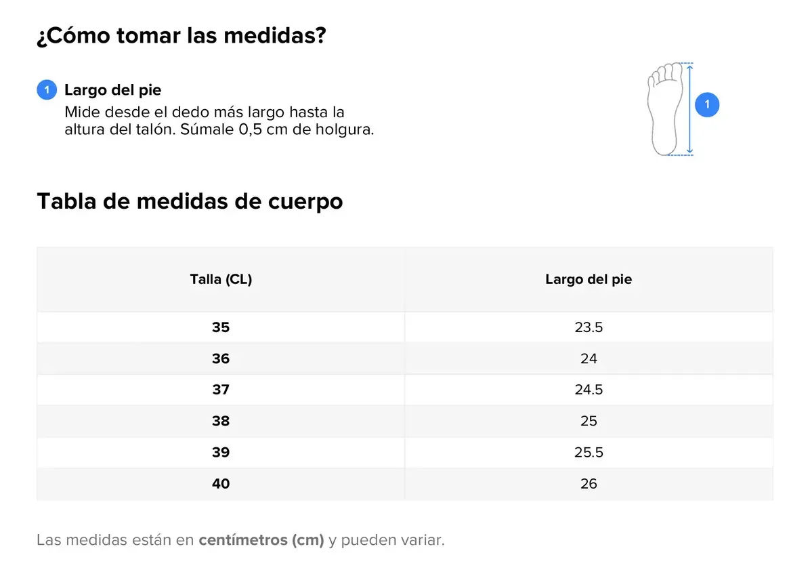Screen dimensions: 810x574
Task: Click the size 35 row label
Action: coord(221,327)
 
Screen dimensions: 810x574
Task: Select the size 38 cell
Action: coord(221,421)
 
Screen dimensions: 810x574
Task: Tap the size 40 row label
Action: coord(221,483)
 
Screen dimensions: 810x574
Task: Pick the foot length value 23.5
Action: coord(589,327)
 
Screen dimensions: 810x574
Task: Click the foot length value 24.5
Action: coord(589,390)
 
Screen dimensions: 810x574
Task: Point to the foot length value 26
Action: coord(589,483)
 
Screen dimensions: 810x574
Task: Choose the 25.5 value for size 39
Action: coord(589,453)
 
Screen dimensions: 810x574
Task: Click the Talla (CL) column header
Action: coord(221,279)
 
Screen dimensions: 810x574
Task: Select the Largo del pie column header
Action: coord(589,279)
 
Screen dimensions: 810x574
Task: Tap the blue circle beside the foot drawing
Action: coord(706,104)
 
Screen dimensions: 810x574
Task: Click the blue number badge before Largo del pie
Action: coord(47,90)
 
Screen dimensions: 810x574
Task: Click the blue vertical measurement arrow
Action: coord(689,108)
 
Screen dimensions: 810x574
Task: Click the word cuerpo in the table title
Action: coord(305,202)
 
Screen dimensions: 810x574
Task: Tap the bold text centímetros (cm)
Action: coord(261,540)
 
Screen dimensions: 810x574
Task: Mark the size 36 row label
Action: coord(221,358)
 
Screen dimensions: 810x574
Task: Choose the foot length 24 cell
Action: coord(589,358)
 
